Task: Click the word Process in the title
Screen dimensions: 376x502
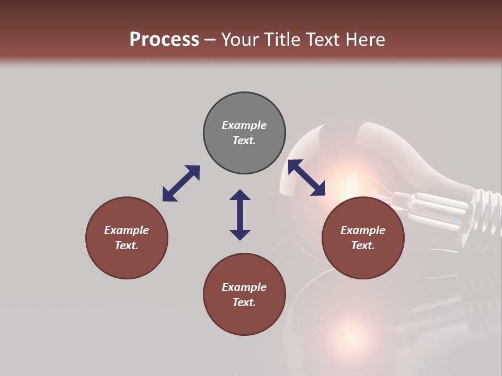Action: click(164, 39)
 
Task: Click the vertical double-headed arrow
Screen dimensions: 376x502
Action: click(240, 215)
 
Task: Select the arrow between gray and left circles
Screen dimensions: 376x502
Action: click(181, 183)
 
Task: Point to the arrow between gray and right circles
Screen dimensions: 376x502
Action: click(306, 178)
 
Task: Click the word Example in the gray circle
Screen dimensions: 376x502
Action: click(244, 125)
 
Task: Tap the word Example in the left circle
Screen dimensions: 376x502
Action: click(127, 230)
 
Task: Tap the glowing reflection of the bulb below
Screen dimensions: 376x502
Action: click(348, 337)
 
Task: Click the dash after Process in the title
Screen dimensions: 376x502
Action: click(210, 40)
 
